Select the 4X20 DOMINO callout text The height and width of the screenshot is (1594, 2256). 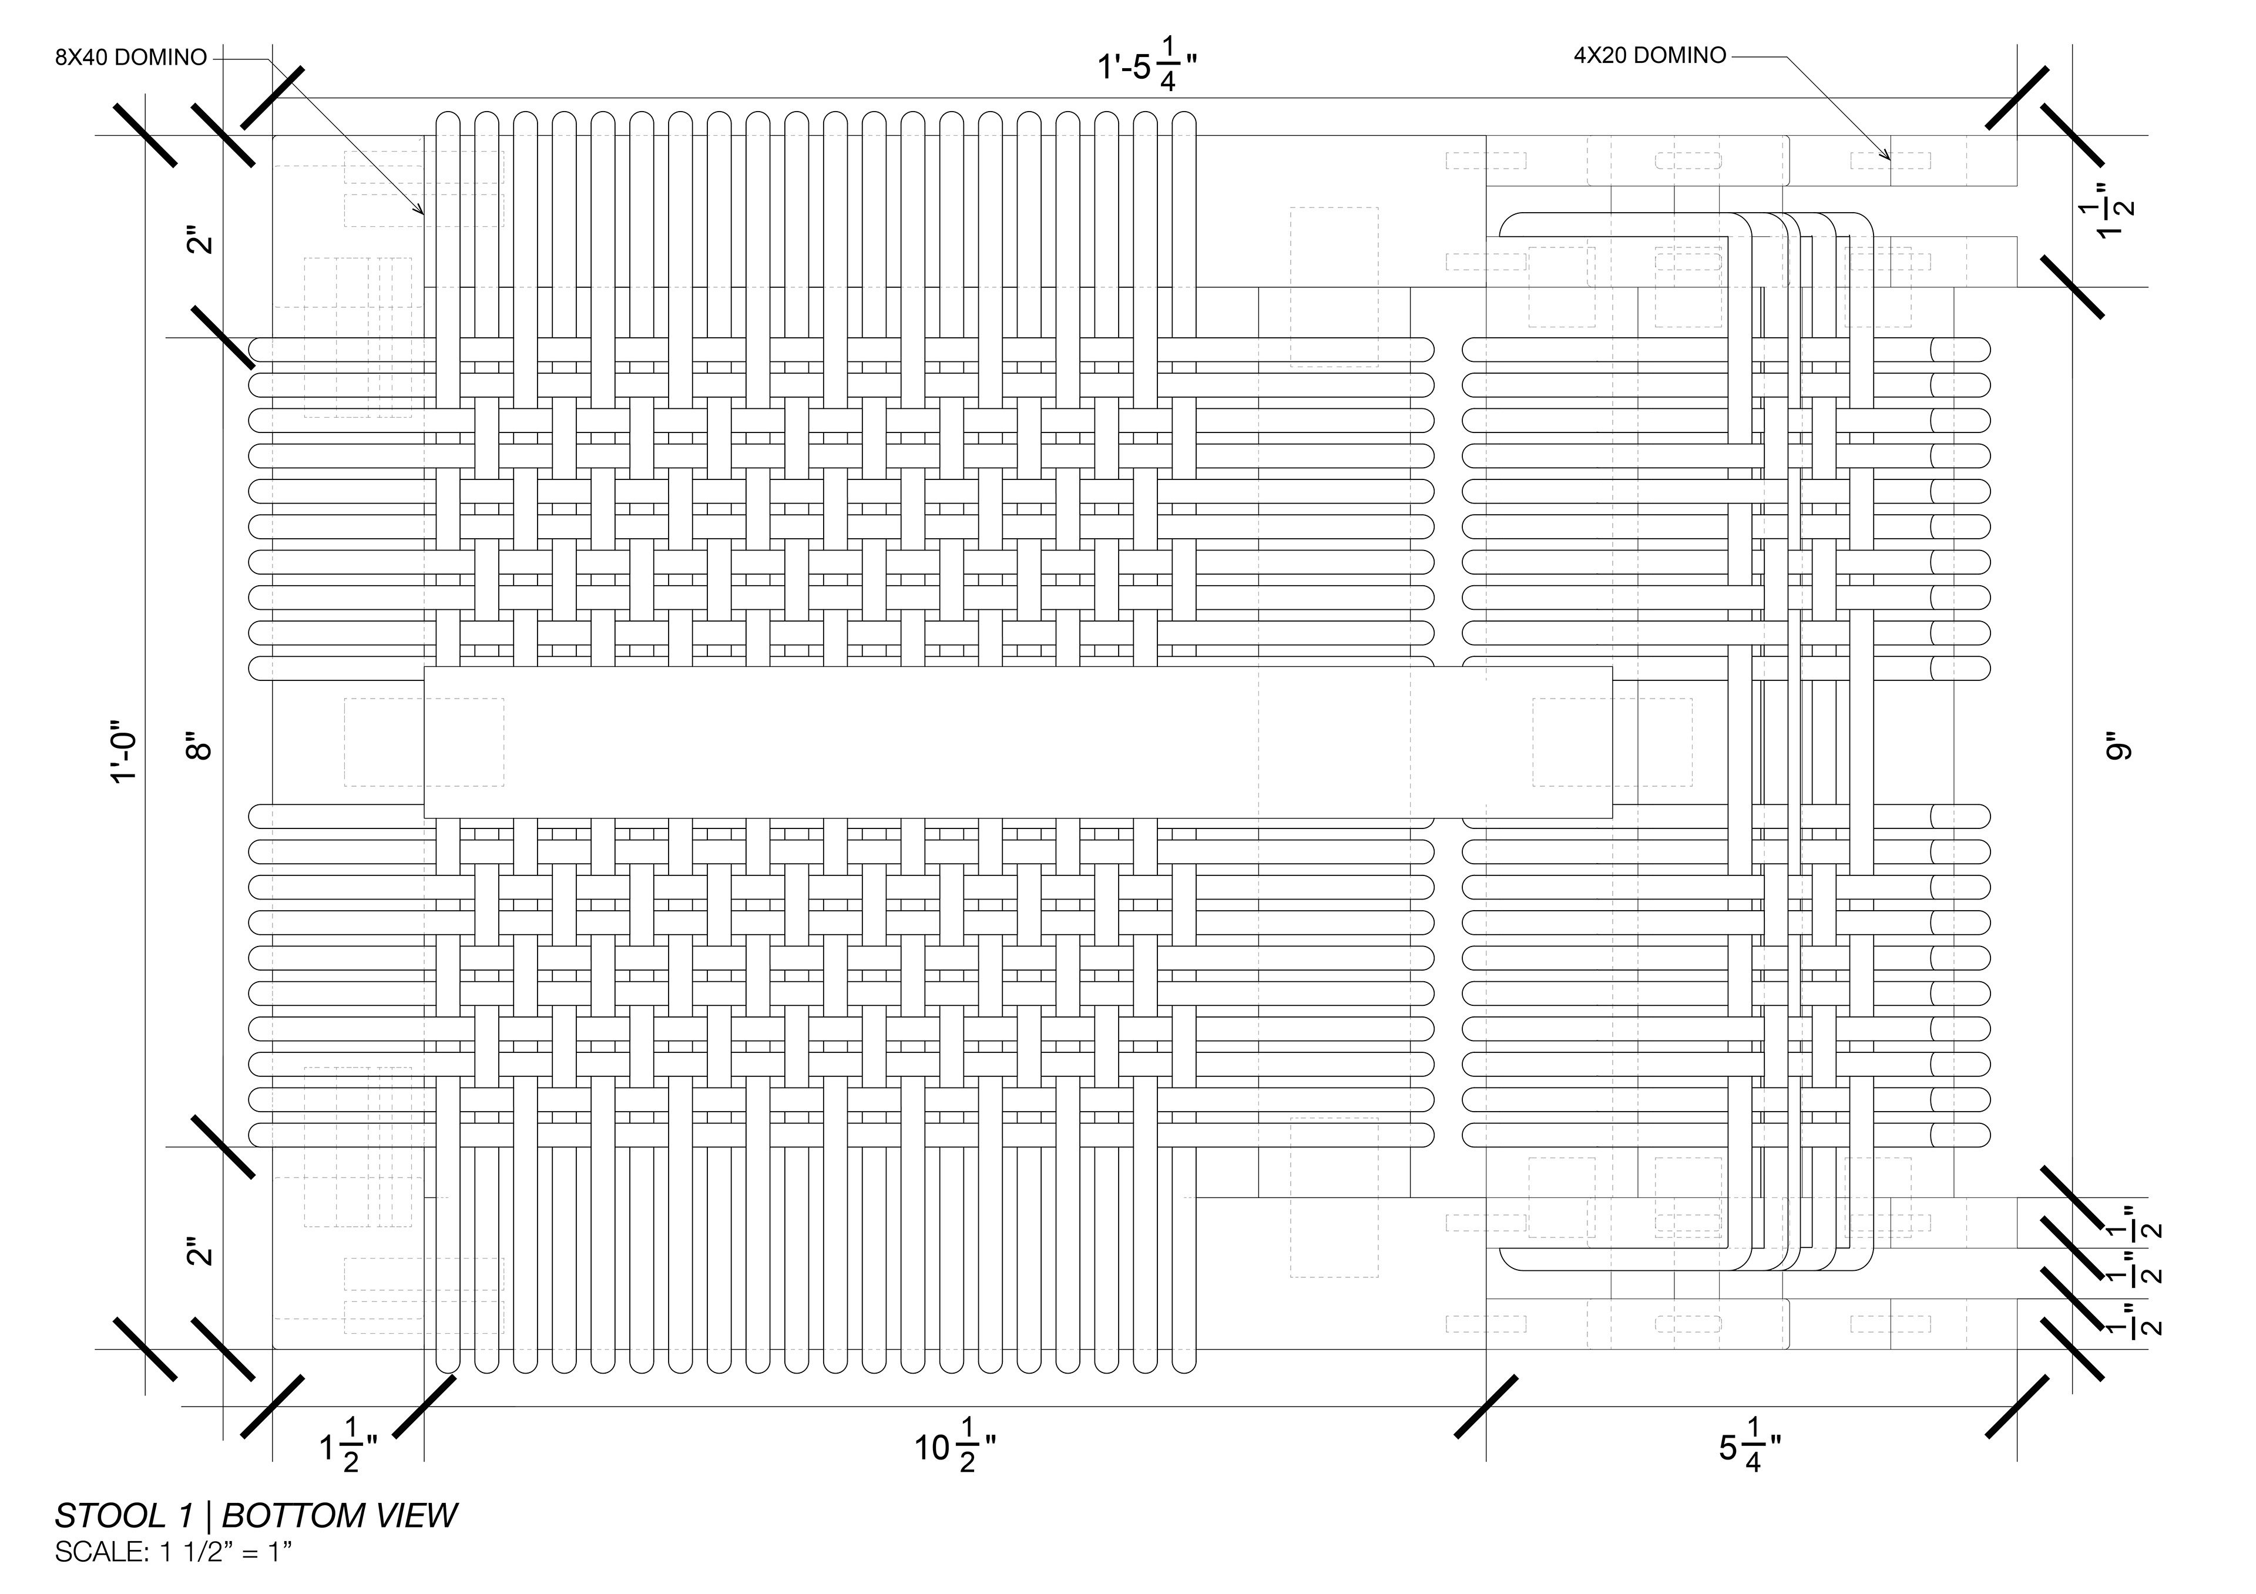(1650, 56)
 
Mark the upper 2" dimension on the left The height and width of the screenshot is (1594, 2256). (200, 240)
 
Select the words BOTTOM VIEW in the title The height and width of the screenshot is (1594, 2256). (340, 1516)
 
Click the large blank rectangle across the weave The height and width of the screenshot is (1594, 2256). (1018, 742)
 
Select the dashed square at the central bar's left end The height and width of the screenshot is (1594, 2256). (424, 742)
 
